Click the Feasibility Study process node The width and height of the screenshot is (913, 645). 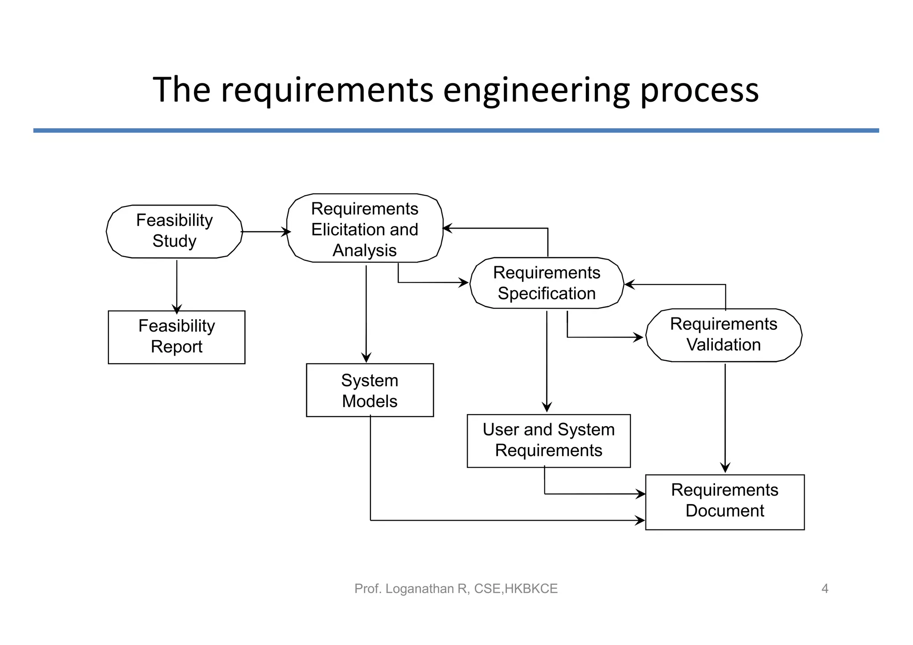tap(174, 231)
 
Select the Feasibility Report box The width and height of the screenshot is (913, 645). tap(177, 337)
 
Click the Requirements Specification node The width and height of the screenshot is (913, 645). tap(547, 283)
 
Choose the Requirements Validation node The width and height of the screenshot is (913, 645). tap(724, 335)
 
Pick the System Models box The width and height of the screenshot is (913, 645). tap(370, 390)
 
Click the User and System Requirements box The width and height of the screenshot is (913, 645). tap(548, 440)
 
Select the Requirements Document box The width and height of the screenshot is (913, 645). tap(724, 502)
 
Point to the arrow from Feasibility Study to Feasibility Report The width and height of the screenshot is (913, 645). tap(177, 285)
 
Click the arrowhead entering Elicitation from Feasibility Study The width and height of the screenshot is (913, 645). tap(287, 232)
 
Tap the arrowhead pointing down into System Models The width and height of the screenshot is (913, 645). tap(366, 358)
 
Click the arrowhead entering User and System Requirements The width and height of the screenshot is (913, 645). tap(547, 407)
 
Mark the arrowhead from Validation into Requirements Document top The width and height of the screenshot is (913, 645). tap(725, 468)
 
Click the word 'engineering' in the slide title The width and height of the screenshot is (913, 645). tap(536, 90)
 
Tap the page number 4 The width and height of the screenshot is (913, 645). tap(825, 589)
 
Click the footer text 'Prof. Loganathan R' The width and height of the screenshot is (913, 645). tap(410, 589)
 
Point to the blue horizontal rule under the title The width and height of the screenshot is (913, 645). tap(456, 131)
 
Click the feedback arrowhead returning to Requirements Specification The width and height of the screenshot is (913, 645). tap(629, 284)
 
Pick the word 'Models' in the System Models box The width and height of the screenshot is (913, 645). tap(370, 401)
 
